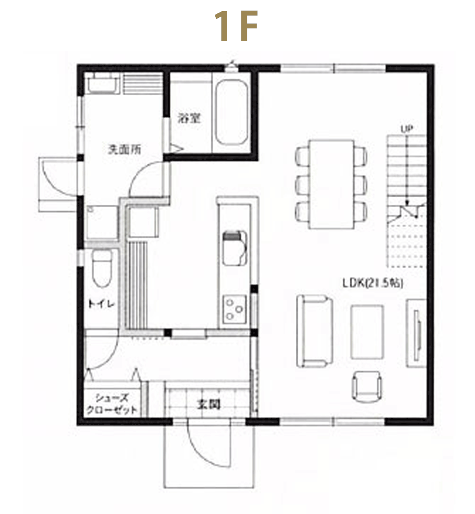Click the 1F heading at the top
pos(236,26)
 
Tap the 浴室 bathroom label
pos(189,119)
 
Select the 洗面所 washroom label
pos(125,149)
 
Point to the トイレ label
pos(101,304)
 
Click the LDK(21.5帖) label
pos(372,283)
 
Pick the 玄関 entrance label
pos(209,404)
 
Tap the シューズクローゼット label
pos(112,404)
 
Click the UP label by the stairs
pos(407,129)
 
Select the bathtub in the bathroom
pos(232,112)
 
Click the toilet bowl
pos(102,268)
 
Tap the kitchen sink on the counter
pos(235,248)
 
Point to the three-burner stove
pos(234,309)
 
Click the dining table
pos(331,184)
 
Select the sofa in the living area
pos(315,331)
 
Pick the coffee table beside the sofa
pos(367,332)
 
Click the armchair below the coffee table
pos(367,387)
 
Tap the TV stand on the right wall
pos(416,333)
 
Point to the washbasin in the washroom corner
pos(102,83)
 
